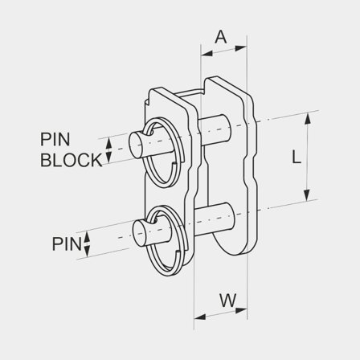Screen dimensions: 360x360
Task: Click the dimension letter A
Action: click(x=221, y=36)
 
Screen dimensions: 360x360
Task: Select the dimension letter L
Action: click(x=297, y=157)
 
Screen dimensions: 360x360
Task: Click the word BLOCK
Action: click(x=72, y=159)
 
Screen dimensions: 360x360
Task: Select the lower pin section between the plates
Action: click(x=216, y=215)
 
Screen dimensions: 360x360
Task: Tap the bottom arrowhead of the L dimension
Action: click(x=306, y=198)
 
